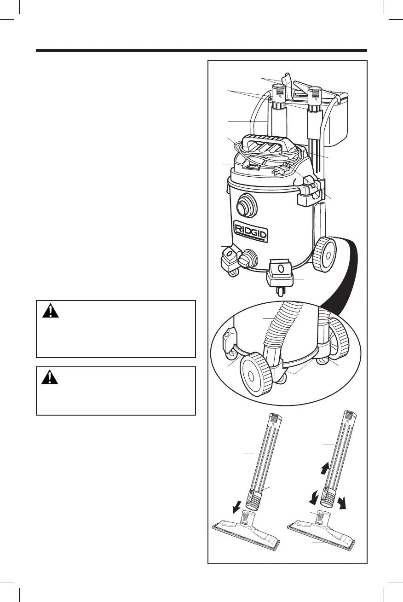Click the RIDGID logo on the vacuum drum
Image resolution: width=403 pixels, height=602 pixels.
coord(251,231)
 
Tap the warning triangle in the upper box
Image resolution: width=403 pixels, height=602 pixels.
coord(50,311)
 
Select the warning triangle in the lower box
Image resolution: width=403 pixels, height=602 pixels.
coord(50,377)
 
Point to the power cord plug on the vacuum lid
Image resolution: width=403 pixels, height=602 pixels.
coord(280,170)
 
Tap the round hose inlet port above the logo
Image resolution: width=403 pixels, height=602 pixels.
coord(247,205)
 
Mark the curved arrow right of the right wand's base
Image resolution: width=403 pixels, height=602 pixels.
coord(341,503)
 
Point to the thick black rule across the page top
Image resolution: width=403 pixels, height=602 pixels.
coord(201,51)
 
